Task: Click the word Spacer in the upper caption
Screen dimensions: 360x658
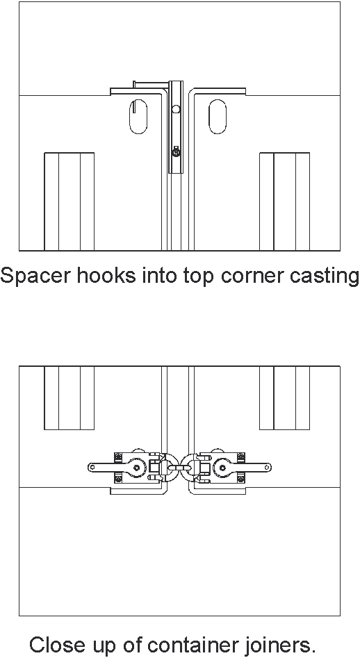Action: (35, 276)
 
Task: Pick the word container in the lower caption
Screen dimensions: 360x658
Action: (193, 644)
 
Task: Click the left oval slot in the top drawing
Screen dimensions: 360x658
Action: (138, 117)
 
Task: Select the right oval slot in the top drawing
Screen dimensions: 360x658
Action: (218, 117)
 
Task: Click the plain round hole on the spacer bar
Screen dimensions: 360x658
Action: (177, 109)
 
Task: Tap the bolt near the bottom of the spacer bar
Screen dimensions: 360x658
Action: (177, 152)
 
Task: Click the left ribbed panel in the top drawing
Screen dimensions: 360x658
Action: (69, 202)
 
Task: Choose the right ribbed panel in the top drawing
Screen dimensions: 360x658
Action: (284, 202)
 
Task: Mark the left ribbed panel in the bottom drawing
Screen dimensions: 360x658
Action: (69, 398)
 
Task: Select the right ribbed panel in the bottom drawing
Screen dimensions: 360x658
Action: (284, 398)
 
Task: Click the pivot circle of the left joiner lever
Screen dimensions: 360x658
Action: (137, 467)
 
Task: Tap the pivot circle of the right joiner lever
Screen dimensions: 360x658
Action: (222, 467)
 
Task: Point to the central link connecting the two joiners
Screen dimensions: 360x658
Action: (179, 467)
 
